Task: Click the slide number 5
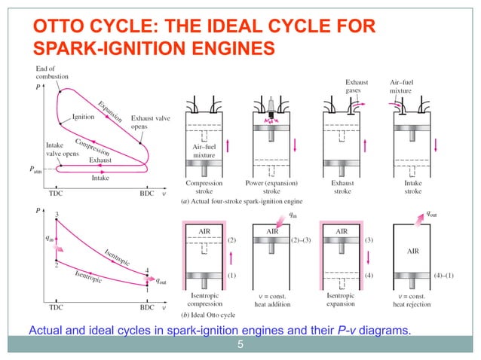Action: coord(240,346)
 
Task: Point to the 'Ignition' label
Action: coord(84,117)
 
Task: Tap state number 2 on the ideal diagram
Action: coord(57,264)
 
